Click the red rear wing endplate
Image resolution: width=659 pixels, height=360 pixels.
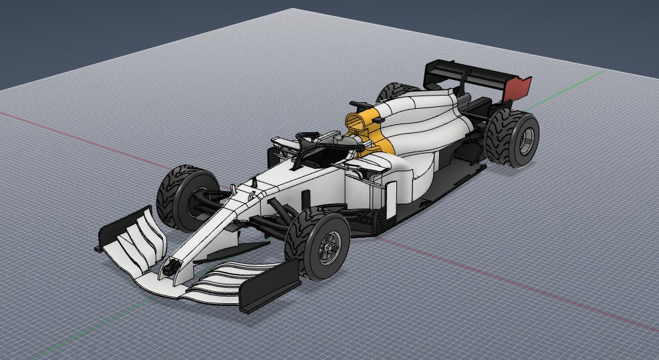point(519,87)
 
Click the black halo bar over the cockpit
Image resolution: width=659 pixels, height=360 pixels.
point(321,144)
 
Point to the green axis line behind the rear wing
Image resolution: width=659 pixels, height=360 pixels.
point(575,79)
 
